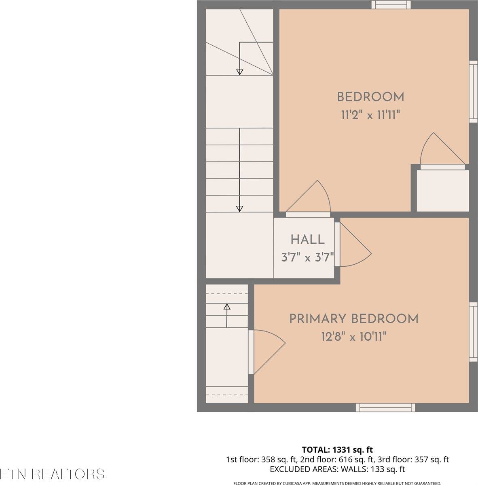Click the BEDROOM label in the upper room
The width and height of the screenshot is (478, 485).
[x=370, y=97]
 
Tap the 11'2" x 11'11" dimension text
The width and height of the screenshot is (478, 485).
[x=370, y=116]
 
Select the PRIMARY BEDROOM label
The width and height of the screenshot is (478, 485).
[x=354, y=319]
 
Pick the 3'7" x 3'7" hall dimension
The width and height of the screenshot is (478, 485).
[x=307, y=257]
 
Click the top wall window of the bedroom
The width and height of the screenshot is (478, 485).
[x=391, y=5]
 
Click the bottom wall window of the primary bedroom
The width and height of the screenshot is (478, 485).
[x=385, y=407]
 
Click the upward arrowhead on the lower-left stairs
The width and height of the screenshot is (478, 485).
[x=227, y=307]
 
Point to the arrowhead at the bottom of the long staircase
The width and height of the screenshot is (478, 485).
[x=239, y=209]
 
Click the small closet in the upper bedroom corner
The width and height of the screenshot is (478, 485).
[x=442, y=190]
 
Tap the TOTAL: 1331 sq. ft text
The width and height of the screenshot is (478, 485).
[x=337, y=449]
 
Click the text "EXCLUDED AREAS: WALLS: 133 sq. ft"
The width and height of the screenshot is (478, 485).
[x=337, y=469]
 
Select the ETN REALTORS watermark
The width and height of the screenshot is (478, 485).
[x=52, y=474]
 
